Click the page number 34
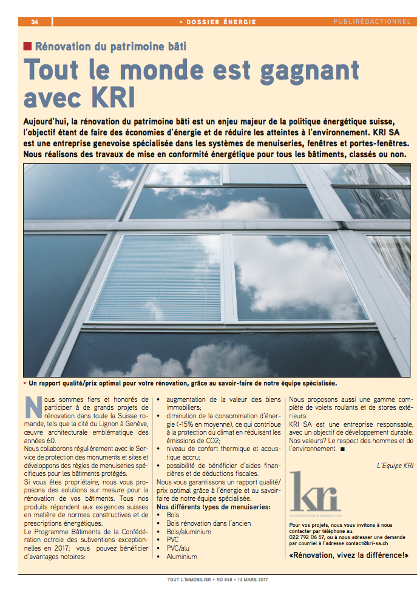[35, 22]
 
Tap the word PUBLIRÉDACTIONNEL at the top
[371, 22]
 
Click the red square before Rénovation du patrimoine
[27, 46]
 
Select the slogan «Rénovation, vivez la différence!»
[349, 556]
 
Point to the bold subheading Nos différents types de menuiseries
[213, 506]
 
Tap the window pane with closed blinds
[154, 278]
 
